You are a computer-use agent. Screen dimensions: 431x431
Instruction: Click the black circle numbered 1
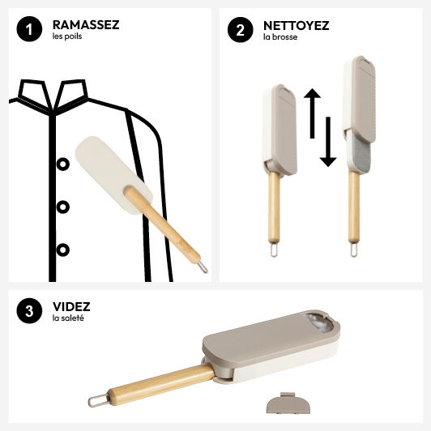(x=29, y=29)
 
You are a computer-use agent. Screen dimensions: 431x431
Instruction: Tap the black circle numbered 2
(x=241, y=30)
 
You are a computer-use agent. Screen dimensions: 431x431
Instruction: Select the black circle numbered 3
(x=29, y=310)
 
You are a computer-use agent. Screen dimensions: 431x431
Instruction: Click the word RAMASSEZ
(x=86, y=25)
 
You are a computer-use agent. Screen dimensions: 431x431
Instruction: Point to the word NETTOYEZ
(x=296, y=26)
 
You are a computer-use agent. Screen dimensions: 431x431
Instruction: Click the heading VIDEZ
(x=71, y=306)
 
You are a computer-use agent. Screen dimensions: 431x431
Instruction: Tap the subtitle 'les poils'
(x=67, y=36)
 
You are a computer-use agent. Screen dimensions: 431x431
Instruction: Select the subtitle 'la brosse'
(x=280, y=37)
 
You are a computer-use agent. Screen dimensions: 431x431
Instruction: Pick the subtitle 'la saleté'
(x=68, y=318)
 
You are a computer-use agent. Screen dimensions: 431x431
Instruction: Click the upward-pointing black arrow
(x=312, y=113)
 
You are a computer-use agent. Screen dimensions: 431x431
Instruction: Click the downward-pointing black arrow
(x=328, y=142)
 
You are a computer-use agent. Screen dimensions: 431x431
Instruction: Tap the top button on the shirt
(x=63, y=164)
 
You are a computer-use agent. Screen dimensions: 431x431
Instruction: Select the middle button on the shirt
(x=63, y=207)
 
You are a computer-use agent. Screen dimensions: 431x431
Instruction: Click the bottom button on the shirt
(x=63, y=250)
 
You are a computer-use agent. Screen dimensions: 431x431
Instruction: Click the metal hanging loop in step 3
(x=98, y=401)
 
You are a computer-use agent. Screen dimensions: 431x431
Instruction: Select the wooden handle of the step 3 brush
(x=160, y=384)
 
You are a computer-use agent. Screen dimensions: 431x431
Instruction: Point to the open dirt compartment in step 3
(x=319, y=322)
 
